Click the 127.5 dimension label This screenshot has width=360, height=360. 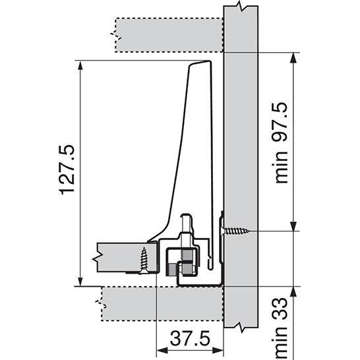tap(67, 169)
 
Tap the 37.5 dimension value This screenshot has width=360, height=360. tap(190, 338)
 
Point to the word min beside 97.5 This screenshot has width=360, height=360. tap(282, 167)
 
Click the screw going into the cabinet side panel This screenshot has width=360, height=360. tap(236, 231)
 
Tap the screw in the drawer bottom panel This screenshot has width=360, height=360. tap(144, 260)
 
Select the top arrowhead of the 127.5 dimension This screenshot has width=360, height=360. tap(80, 65)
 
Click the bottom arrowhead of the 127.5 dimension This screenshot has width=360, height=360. tap(80, 282)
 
